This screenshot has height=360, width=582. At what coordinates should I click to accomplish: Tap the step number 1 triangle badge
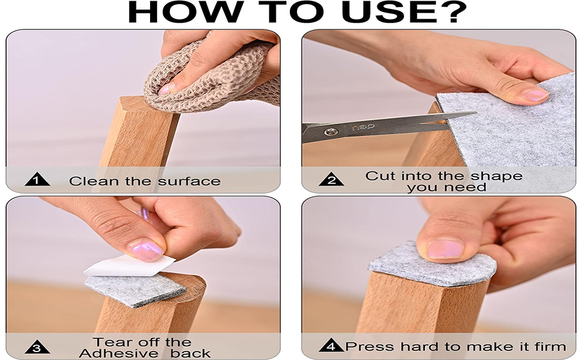point(37,180)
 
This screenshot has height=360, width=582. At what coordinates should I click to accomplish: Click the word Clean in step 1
point(89,181)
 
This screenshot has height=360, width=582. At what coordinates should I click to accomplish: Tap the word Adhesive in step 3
point(113,353)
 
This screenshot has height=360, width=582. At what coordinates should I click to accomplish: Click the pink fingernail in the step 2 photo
point(533,95)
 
